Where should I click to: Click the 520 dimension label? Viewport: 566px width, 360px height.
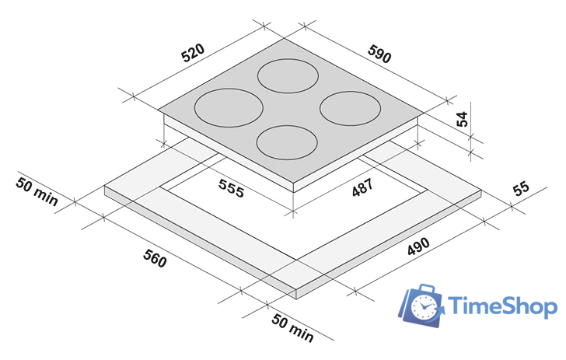(193, 53)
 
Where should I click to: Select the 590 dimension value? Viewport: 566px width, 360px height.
(379, 54)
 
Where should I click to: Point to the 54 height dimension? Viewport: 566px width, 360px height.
(462, 119)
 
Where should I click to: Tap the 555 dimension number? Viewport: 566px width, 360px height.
(231, 188)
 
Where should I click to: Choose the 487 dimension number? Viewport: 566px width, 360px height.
(362, 187)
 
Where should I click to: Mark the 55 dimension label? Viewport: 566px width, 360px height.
(521, 187)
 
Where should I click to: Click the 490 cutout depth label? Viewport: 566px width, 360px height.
(418, 246)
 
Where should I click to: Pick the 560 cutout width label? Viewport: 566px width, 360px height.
(155, 258)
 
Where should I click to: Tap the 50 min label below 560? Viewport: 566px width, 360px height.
(292, 327)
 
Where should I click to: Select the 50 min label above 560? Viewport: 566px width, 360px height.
(37, 191)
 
